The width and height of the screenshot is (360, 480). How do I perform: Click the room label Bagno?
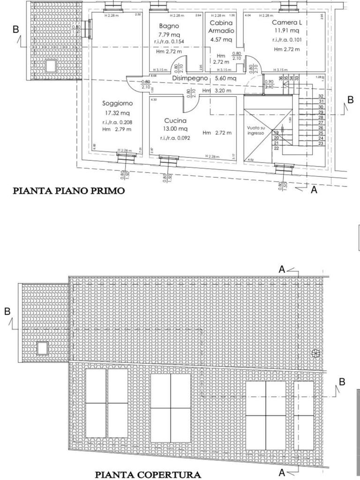(169, 26)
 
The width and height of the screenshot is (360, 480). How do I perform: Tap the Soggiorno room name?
(118, 103)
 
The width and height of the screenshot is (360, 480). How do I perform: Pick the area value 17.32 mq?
(118, 113)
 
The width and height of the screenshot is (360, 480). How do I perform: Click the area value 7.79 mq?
(169, 34)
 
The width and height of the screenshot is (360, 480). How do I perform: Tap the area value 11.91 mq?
(286, 30)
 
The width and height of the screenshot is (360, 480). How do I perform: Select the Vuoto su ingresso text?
(256, 130)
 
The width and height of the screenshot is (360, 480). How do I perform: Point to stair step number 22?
(276, 148)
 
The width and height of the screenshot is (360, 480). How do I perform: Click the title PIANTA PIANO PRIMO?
(68, 191)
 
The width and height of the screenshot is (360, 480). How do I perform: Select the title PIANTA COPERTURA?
(148, 474)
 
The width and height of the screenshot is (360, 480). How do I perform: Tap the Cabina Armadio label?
(222, 27)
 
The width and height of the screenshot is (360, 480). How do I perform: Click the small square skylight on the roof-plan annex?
(43, 348)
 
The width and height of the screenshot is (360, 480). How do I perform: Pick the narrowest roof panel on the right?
(303, 415)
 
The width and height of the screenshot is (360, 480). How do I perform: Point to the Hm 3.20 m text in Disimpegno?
(217, 91)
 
